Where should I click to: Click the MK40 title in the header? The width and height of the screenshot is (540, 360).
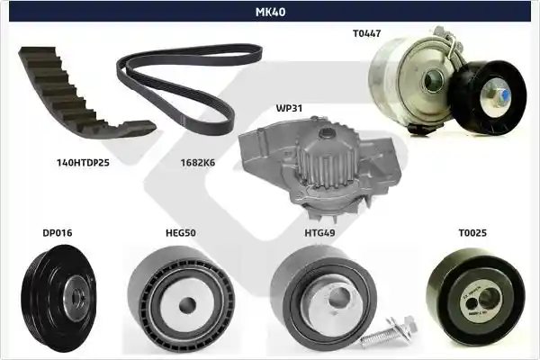coord(270,12)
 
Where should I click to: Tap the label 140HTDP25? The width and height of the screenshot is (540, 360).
coord(83,163)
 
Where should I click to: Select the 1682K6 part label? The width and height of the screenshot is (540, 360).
coord(198,163)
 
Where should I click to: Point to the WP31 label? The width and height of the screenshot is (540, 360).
coord(289,108)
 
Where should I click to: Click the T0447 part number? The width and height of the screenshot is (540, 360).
coord(367,33)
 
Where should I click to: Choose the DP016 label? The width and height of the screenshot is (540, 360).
coord(58,233)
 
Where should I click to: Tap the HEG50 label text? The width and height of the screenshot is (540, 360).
coord(181,233)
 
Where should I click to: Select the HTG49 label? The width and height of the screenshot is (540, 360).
coord(319,233)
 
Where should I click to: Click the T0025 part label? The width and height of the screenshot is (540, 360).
coord(472,233)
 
